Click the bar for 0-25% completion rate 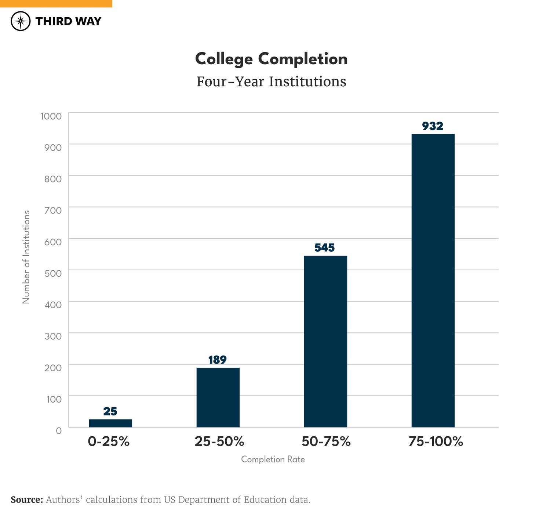coord(110,423)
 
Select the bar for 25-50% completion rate coord(218,397)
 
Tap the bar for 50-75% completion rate coord(325,341)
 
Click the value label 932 coord(433,126)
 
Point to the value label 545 coord(325,248)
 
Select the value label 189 coord(218,360)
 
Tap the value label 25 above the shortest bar coord(110,411)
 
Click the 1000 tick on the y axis coord(51,116)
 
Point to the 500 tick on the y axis coord(53,273)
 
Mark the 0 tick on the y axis coord(59,430)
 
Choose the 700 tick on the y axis coord(53,210)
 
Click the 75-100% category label coord(436,441)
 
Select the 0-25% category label coord(109,441)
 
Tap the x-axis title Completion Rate coord(273,459)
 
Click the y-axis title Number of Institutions coord(26,257)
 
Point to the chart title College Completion coord(271,59)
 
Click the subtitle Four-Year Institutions coord(271,82)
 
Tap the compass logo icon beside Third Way coord(21,21)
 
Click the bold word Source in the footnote coord(27,500)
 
